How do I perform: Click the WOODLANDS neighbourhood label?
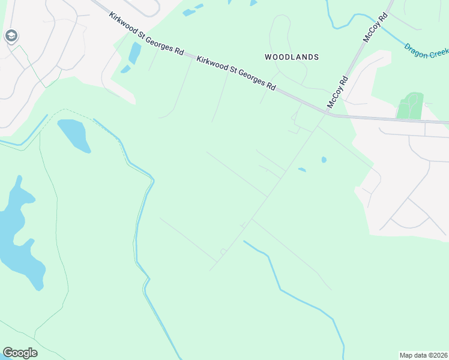coord(292,57)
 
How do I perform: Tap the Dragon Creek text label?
coord(426,51)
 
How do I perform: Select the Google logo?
coord(20,353)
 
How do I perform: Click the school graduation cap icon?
coord(10,37)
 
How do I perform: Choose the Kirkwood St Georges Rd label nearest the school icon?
coord(146,32)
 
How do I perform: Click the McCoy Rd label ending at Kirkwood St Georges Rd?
coord(337,92)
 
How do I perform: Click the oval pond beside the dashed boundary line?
coord(74,136)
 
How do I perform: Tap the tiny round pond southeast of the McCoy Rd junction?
coord(324,160)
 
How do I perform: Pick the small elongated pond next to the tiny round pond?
coord(302,170)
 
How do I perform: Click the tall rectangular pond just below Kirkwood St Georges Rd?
coord(134,53)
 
